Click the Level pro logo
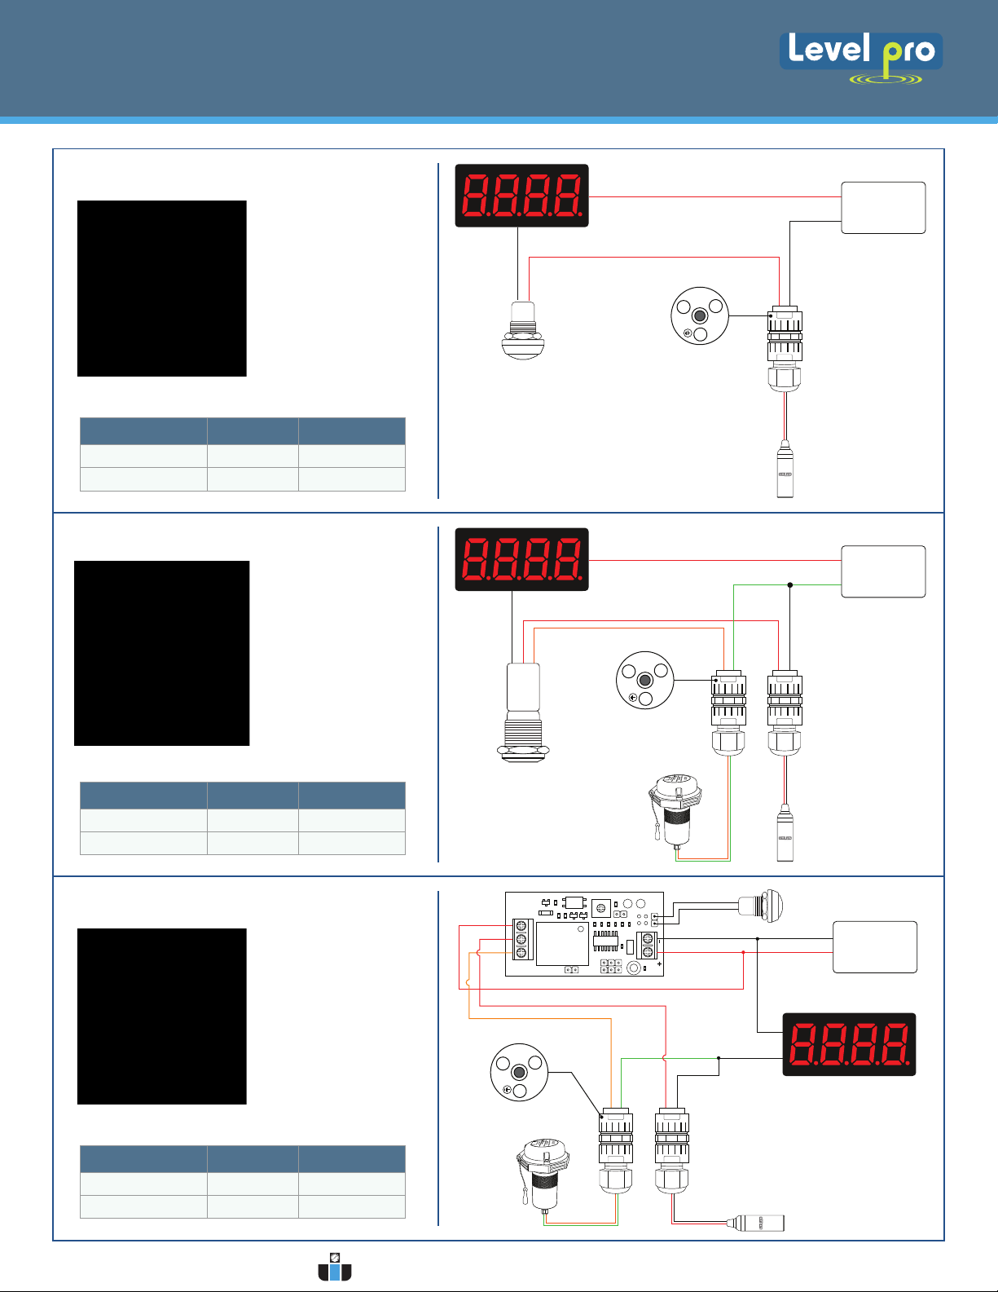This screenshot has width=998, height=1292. click(861, 55)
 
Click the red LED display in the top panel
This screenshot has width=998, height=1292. click(521, 196)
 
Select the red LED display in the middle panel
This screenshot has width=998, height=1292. click(521, 559)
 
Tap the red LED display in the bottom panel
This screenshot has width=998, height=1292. click(849, 1044)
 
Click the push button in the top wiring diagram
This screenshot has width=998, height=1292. click(522, 331)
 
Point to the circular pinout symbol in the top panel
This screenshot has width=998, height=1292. click(699, 316)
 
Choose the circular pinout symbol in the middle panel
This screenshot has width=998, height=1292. click(644, 680)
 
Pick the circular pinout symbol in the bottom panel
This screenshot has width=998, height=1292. click(519, 1073)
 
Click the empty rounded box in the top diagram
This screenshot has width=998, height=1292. click(883, 208)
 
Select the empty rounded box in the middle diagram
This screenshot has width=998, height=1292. click(883, 571)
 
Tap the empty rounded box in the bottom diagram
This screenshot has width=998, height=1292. click(875, 947)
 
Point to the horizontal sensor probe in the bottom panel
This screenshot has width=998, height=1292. click(758, 1223)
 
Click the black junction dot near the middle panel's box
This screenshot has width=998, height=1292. click(789, 584)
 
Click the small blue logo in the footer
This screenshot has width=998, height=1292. click(335, 1268)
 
